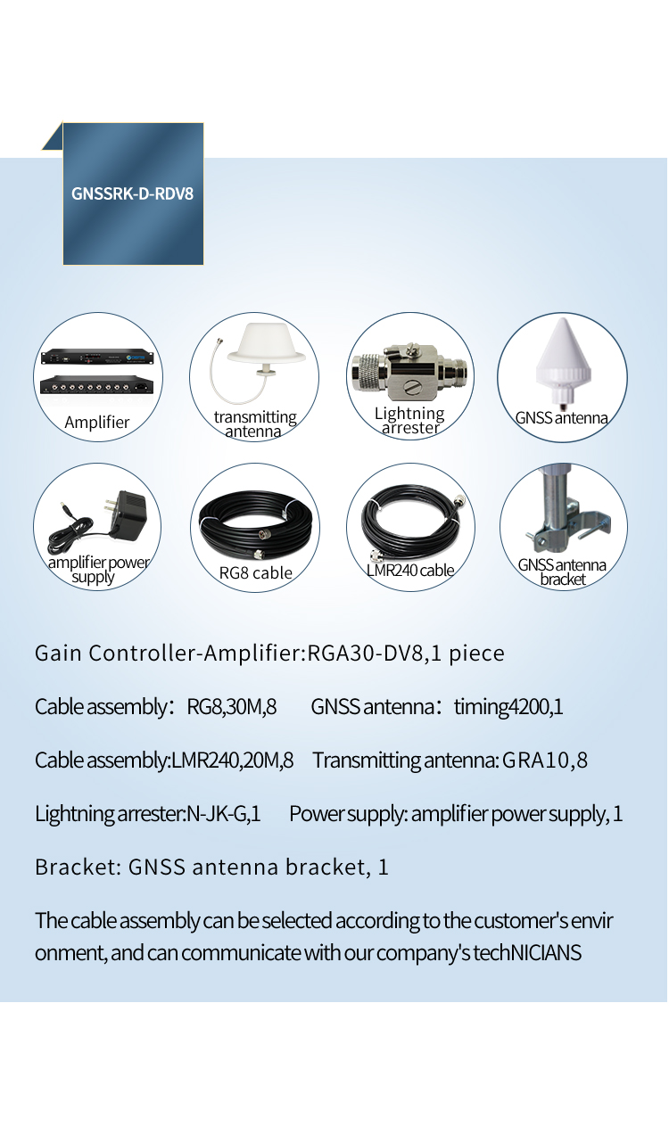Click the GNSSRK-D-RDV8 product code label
pyautogui.click(x=132, y=193)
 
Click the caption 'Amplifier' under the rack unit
pyautogui.click(x=97, y=423)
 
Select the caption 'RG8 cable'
pyautogui.click(x=255, y=573)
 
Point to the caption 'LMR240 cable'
pyautogui.click(x=410, y=570)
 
